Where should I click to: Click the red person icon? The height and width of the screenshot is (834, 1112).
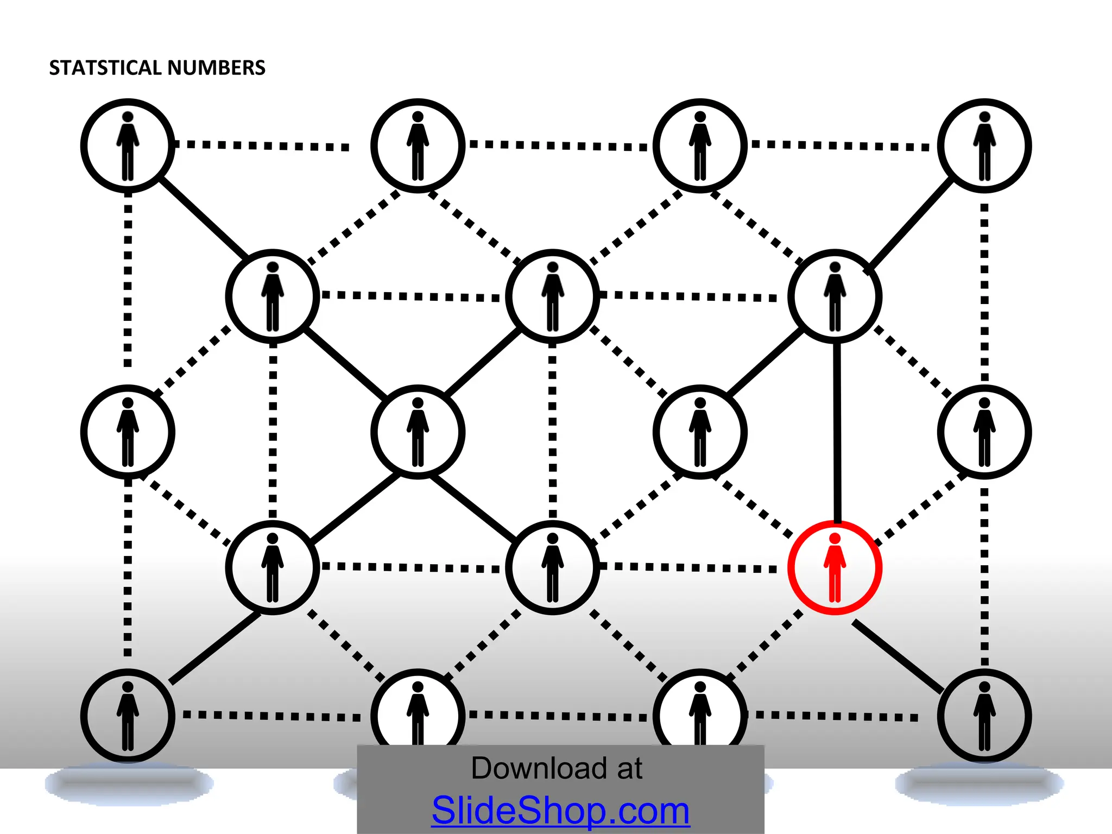(835, 568)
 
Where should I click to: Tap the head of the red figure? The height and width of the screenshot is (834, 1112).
(835, 538)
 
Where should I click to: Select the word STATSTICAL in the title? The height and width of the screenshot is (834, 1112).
(106, 68)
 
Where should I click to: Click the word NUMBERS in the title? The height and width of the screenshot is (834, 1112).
(216, 68)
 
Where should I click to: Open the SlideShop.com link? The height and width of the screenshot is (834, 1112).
(560, 810)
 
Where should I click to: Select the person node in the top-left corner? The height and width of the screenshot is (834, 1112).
(128, 146)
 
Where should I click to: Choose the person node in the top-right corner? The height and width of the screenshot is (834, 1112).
(984, 146)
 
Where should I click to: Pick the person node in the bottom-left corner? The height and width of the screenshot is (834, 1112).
(128, 716)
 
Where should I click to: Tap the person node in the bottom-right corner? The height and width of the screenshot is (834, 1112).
(984, 716)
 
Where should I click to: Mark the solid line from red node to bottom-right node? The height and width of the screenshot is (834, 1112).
(898, 657)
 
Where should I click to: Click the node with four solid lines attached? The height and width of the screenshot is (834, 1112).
(418, 432)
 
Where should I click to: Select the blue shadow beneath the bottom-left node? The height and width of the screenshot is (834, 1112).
(129, 784)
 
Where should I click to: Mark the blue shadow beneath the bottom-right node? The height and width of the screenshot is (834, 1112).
(979, 784)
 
